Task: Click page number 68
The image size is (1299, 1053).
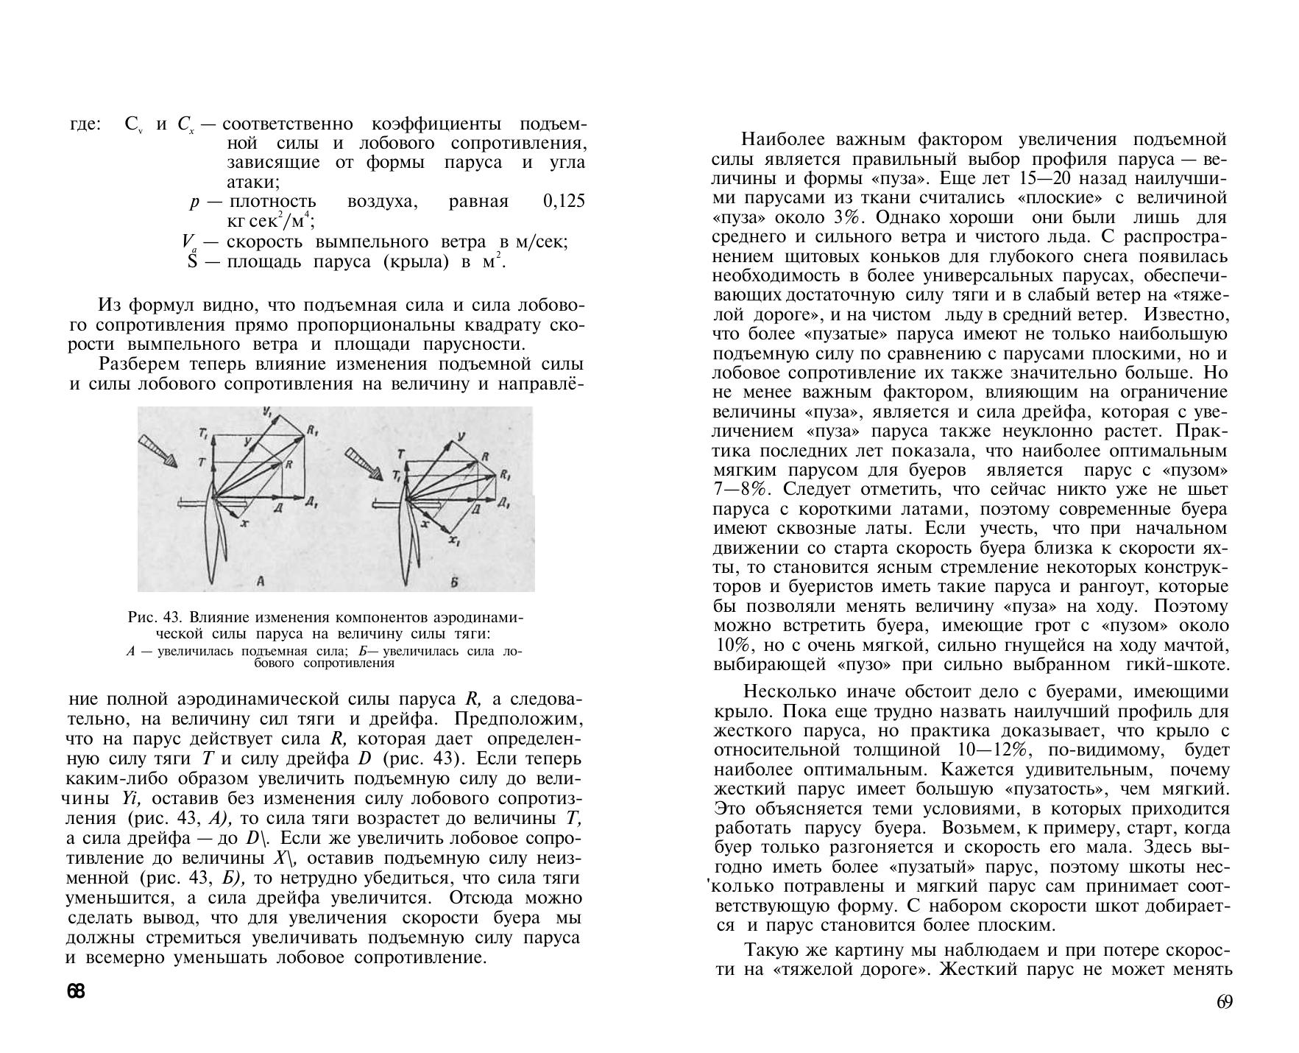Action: point(76,991)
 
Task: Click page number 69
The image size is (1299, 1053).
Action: point(1224,1002)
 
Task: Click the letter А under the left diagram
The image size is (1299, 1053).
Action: point(260,582)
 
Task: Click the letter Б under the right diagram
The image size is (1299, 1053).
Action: point(454,582)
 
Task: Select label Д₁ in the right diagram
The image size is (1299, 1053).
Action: point(504,503)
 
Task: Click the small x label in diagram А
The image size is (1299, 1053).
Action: point(244,521)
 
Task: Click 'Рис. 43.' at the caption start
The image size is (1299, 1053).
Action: point(155,617)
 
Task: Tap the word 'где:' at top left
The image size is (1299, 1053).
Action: point(84,124)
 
